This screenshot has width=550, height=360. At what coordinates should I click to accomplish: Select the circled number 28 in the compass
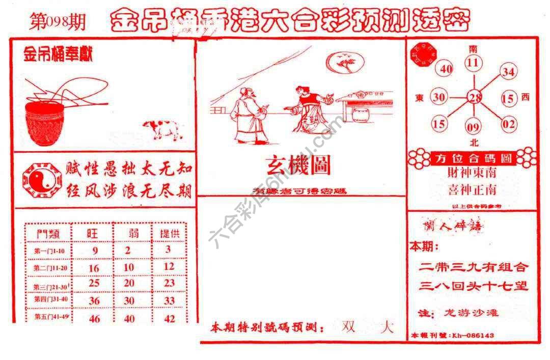click(x=475, y=97)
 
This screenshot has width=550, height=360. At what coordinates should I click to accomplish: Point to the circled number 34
click(x=508, y=72)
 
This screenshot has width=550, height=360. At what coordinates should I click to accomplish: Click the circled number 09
click(x=473, y=125)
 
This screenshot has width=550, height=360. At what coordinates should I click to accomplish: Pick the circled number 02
click(x=508, y=124)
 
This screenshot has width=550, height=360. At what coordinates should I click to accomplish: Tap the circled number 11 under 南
click(x=474, y=63)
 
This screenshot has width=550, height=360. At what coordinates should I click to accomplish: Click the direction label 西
click(x=526, y=97)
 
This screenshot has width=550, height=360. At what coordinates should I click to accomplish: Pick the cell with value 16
click(x=94, y=268)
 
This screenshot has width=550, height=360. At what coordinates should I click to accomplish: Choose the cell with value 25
click(x=94, y=283)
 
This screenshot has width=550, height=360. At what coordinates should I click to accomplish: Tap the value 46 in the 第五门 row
click(x=94, y=319)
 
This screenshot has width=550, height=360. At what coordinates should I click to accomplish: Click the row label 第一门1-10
click(x=48, y=251)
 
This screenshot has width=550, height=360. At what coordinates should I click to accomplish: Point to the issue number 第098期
click(x=58, y=23)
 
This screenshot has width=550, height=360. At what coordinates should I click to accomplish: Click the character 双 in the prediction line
click(x=348, y=327)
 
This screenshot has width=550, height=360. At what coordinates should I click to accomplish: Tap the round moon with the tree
click(x=345, y=63)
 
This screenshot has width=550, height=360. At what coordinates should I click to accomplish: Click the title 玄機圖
click(x=298, y=165)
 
